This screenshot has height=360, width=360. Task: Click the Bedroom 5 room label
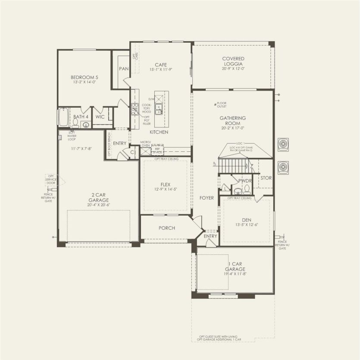tap(81, 78)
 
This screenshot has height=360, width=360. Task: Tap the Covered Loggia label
tap(233, 61)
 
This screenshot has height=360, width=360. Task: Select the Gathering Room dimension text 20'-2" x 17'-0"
tap(233, 128)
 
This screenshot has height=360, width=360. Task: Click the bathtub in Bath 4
tap(63, 117)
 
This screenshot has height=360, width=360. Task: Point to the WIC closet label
tap(100, 117)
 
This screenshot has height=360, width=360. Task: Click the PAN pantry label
tap(123, 69)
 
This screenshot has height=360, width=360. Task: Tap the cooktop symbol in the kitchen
tap(135, 108)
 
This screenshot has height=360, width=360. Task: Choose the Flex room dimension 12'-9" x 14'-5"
tap(166, 189)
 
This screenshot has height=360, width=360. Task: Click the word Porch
tap(166, 228)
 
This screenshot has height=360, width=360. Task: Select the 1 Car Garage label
tap(235, 266)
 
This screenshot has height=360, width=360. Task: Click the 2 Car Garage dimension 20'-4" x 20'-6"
tap(98, 205)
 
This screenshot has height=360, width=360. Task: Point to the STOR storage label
tap(266, 178)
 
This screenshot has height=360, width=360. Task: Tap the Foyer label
tap(207, 198)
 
